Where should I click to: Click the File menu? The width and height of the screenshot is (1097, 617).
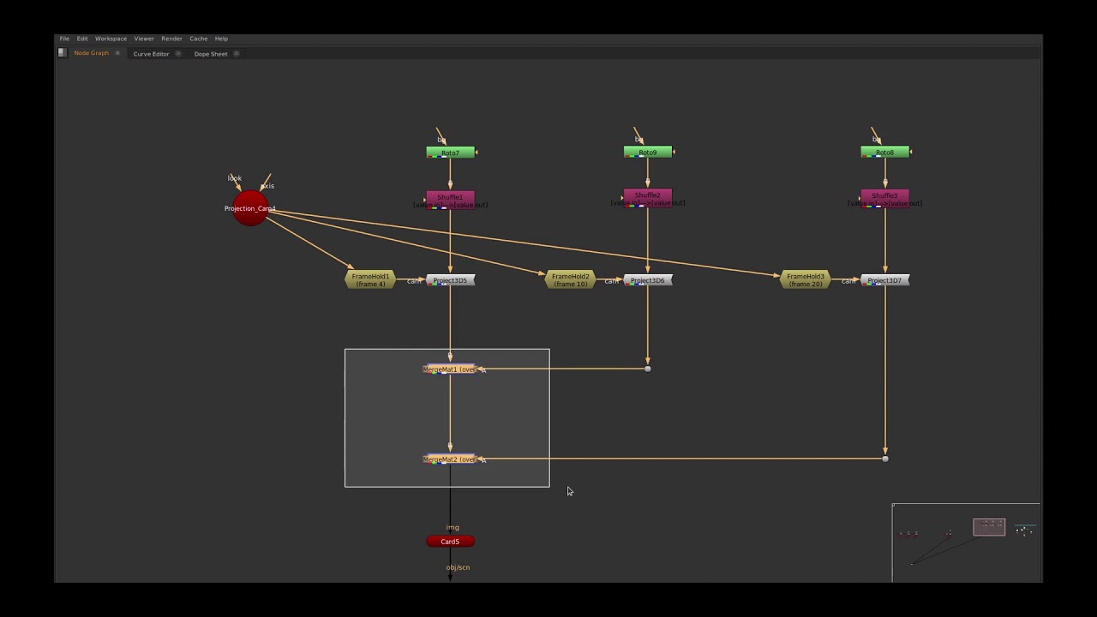tap(64, 39)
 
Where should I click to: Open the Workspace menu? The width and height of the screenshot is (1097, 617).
tap(111, 39)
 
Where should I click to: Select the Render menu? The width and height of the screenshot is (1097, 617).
tap(171, 39)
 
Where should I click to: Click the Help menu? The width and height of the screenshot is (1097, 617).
tap(221, 39)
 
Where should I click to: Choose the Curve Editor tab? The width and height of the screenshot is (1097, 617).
tap(151, 54)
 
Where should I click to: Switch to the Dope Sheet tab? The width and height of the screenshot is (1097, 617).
tap(211, 54)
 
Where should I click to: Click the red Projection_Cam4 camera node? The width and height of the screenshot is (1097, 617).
tap(250, 209)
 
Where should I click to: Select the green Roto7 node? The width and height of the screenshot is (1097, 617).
tap(450, 153)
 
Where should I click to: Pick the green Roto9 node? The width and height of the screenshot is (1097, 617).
tap(647, 153)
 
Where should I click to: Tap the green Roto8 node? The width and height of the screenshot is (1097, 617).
tap(884, 153)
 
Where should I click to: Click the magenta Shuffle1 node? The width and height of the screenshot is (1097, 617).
tap(450, 198)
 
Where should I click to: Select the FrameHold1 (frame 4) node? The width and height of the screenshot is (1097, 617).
tap(370, 280)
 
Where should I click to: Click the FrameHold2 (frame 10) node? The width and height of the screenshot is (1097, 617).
tap(570, 280)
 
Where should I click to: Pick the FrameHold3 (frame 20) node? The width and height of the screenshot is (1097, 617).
tap(805, 280)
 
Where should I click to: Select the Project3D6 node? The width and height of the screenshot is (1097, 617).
tap(648, 280)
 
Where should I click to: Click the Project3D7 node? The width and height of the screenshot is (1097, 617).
tap(884, 280)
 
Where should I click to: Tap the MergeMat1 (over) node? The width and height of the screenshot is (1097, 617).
tap(449, 369)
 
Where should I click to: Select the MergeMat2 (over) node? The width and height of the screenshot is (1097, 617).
tap(449, 459)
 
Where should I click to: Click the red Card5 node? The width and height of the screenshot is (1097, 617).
tap(450, 542)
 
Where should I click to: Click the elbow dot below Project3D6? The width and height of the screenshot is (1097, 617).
tap(648, 368)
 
